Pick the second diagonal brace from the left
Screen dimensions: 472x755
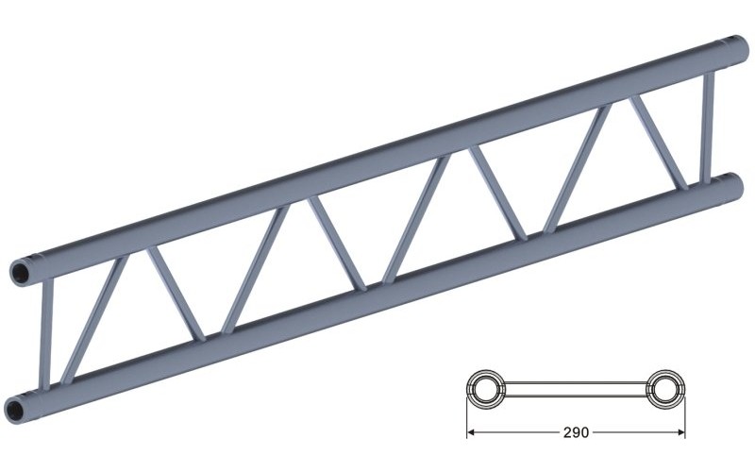click(x=176, y=294)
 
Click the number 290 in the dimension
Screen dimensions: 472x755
click(x=576, y=433)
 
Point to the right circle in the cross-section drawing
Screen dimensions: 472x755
click(x=664, y=389)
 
